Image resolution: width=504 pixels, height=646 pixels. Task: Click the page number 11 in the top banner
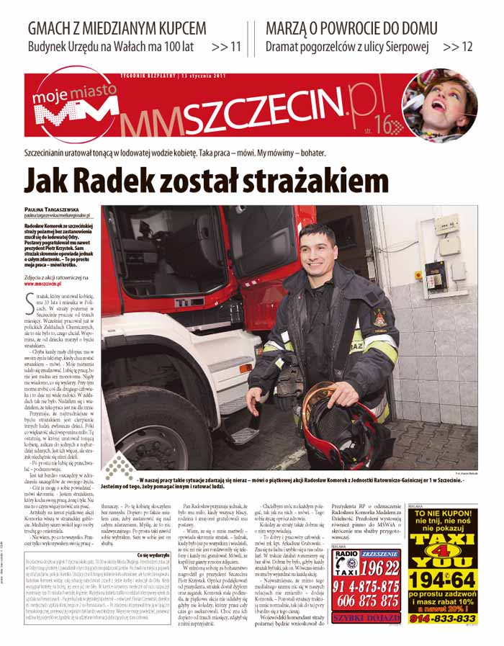(x=235, y=47)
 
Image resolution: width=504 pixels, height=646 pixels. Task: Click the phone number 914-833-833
(x=451, y=617)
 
